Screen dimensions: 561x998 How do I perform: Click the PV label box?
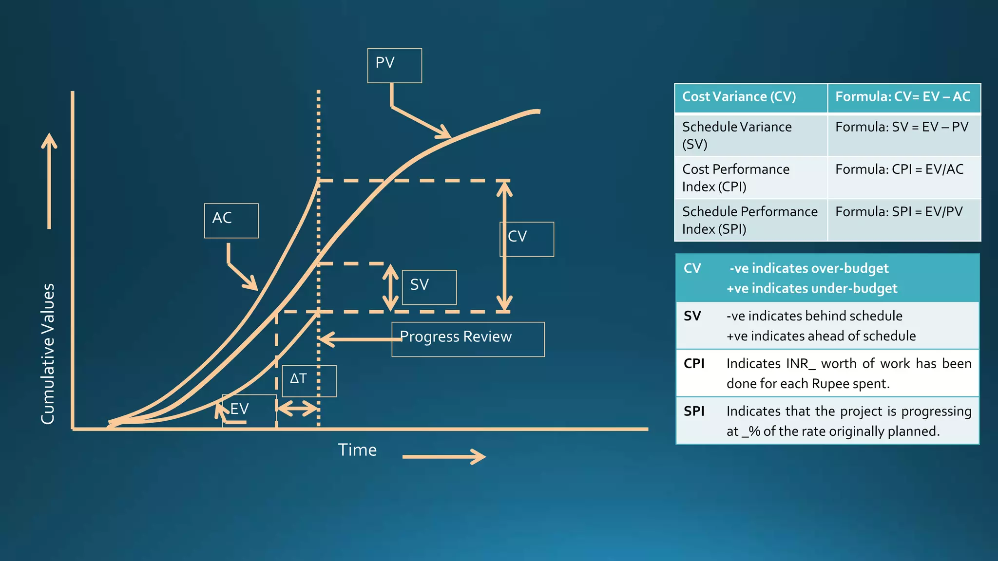[394, 65]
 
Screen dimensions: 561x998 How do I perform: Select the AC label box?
[231, 220]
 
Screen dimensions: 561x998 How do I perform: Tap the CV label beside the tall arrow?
[527, 239]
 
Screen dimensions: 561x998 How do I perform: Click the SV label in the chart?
[429, 287]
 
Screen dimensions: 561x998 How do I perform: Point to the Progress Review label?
[467, 339]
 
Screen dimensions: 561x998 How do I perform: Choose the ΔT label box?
[308, 380]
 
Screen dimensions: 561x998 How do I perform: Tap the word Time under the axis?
[357, 450]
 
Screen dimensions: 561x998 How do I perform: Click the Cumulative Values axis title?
[48, 354]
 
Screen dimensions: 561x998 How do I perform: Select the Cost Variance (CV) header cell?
[750, 97]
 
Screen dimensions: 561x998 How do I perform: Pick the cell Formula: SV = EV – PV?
[902, 127]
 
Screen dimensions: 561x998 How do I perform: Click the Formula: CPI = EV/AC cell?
[900, 169]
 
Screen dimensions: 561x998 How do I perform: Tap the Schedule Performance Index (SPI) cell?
[749, 220]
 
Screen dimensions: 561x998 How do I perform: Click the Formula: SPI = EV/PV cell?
[899, 212]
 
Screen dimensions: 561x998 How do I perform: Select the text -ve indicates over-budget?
[809, 268]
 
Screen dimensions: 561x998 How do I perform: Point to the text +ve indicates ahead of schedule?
[821, 336]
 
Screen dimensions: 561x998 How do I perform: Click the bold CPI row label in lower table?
[694, 364]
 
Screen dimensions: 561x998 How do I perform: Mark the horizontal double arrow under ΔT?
[297, 408]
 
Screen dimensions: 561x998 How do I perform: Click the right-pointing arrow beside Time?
[444, 456]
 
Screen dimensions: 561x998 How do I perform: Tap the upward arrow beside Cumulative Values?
[49, 181]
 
